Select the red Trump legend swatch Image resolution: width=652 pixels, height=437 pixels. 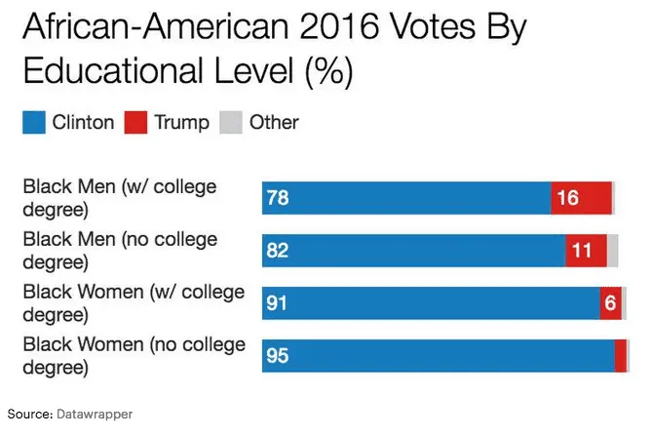(x=136, y=123)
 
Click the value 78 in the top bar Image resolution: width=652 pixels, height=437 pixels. (x=277, y=199)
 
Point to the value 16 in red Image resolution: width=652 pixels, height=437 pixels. (x=567, y=199)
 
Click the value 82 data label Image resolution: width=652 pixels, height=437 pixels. (x=277, y=252)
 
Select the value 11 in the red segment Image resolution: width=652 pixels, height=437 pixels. (x=582, y=252)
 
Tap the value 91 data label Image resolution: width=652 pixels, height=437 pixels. (x=277, y=303)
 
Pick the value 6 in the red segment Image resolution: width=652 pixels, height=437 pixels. (x=611, y=303)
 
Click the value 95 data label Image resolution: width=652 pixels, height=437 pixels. (x=277, y=356)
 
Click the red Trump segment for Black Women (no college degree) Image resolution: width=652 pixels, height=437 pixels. (x=621, y=356)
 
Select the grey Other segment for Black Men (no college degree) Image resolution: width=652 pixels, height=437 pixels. (x=613, y=252)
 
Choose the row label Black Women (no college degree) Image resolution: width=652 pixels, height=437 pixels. (x=133, y=356)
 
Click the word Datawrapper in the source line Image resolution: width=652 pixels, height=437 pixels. (x=93, y=415)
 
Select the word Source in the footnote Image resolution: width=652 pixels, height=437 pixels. (x=27, y=415)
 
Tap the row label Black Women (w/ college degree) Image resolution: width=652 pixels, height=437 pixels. (x=133, y=302)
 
